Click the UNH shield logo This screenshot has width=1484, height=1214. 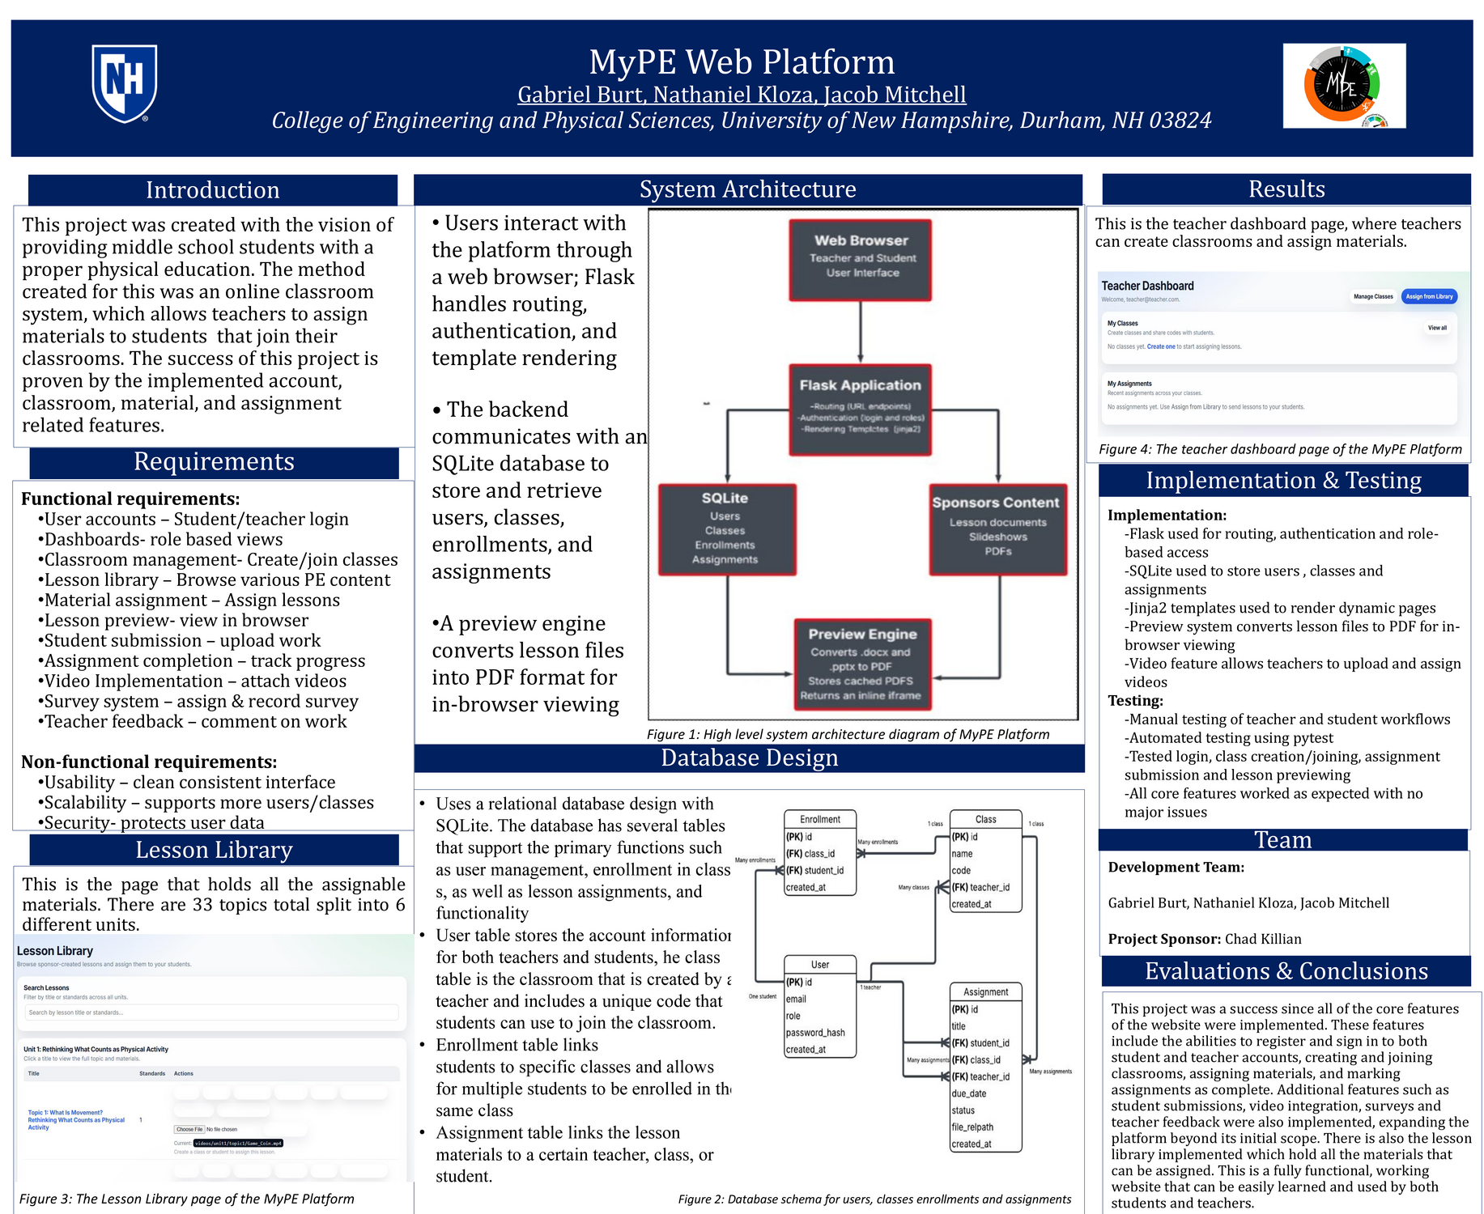click(x=124, y=83)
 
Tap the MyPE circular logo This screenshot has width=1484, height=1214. click(x=1342, y=85)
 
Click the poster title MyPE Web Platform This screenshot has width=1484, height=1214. click(x=742, y=62)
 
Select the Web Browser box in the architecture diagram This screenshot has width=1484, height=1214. click(x=860, y=259)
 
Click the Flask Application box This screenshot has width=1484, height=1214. click(x=860, y=409)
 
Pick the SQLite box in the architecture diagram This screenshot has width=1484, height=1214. click(x=726, y=529)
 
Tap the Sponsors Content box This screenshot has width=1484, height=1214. click(x=997, y=529)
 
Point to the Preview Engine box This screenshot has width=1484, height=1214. click(x=861, y=664)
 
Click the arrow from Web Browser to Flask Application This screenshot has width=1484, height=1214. click(x=861, y=332)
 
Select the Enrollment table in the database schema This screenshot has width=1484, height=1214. click(x=820, y=852)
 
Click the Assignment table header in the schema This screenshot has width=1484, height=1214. click(x=985, y=991)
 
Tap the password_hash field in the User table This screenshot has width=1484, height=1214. click(x=815, y=1033)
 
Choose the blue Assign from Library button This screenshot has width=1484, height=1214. click(x=1429, y=296)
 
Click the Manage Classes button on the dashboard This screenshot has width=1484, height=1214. click(x=1373, y=296)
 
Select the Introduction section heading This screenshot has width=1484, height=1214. click(x=213, y=190)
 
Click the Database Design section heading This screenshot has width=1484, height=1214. click(x=749, y=758)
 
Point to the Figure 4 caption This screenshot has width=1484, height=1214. click(x=1280, y=449)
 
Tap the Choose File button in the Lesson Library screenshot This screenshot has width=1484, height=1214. click(x=189, y=1129)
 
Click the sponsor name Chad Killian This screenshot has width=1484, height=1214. click(x=1263, y=939)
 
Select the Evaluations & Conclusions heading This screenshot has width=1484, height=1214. click(x=1286, y=971)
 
